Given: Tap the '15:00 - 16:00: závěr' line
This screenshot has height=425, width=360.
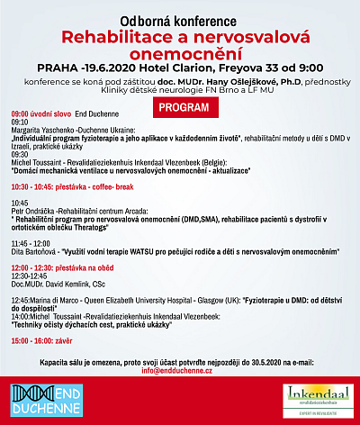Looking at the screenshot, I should [x=42, y=343].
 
